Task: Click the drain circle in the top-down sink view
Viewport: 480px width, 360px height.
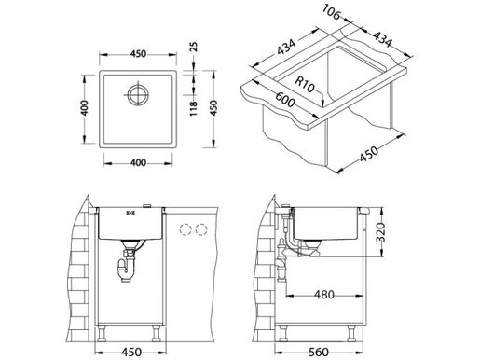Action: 138,95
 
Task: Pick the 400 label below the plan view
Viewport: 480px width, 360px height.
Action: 137,164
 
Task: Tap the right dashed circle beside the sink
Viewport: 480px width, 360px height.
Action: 199,227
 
